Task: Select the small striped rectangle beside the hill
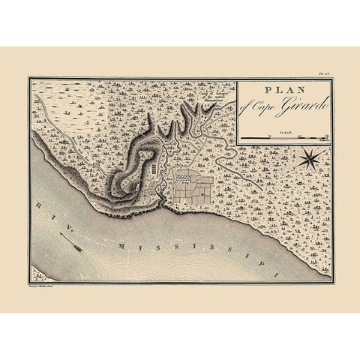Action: [154, 171]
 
